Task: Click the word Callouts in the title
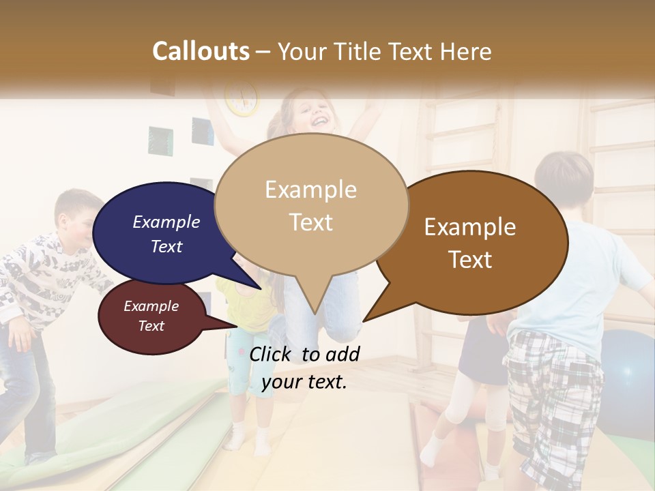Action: click(201, 51)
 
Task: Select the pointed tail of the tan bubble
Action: click(315, 307)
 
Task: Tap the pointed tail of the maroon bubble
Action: click(229, 325)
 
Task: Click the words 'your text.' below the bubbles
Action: click(304, 381)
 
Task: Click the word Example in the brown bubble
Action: click(470, 227)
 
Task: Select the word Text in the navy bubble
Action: click(166, 246)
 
